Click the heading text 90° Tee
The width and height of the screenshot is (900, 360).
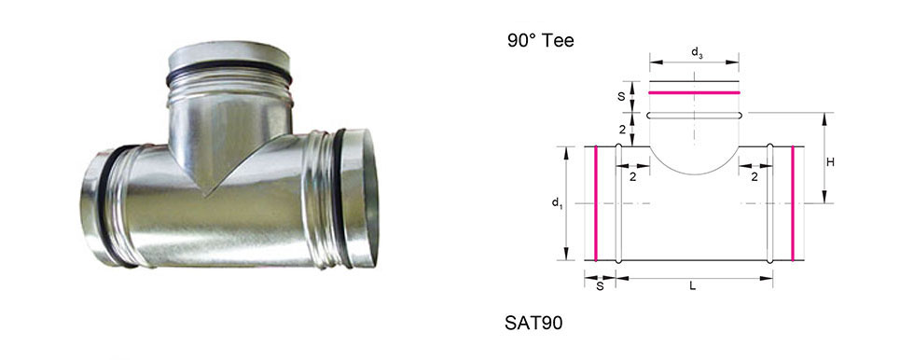coord(540,40)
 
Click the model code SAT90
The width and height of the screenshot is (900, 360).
coord(533,323)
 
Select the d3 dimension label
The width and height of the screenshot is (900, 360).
coord(697,53)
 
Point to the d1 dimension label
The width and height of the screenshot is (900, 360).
coord(556,202)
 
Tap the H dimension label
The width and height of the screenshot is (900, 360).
coord(830,162)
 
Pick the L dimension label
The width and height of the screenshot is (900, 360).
coord(693,286)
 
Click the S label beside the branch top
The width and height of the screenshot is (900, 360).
coord(621,97)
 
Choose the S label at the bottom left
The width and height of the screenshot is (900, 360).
coord(600,286)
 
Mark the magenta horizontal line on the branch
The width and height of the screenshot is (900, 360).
coord(694,92)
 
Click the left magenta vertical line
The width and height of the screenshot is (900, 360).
coord(596,203)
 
